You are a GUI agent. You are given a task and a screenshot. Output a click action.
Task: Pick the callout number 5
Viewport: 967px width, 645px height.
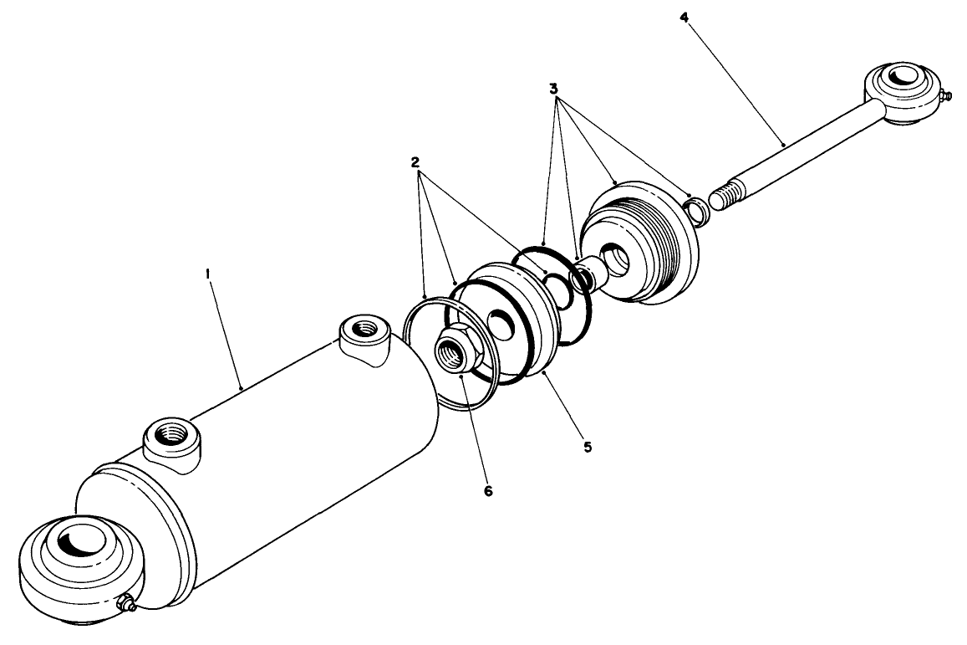point(588,448)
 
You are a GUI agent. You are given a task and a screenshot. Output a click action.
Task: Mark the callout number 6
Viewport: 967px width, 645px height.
point(488,490)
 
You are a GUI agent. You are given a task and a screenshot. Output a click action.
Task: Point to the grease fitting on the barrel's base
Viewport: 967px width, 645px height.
point(126,603)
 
